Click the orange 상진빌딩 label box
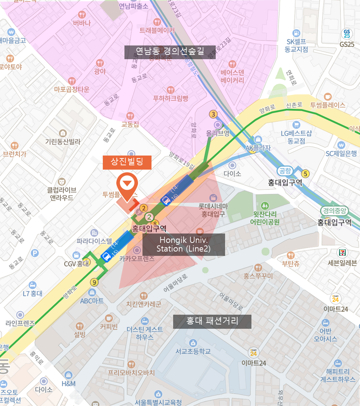(127, 162)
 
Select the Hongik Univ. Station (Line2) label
(184, 244)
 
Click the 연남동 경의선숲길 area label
(170, 52)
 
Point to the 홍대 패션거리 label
(212, 321)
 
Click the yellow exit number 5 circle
(306, 174)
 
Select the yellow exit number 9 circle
(95, 282)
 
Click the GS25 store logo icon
(346, 34)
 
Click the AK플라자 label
(258, 148)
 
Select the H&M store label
(69, 383)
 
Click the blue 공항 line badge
(285, 171)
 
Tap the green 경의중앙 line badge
(334, 211)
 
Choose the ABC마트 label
(92, 301)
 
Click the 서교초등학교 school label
(193, 351)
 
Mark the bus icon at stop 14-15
(106, 257)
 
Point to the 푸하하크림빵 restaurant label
(171, 98)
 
